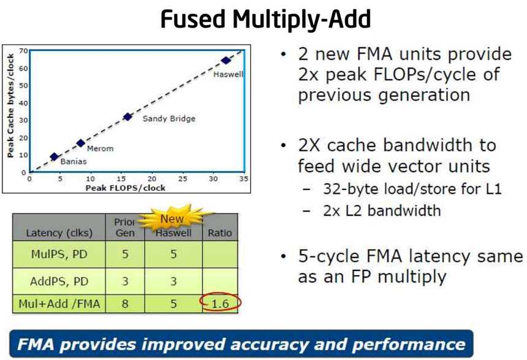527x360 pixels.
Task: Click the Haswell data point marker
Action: [226, 61]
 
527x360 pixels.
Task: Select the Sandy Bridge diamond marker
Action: [127, 117]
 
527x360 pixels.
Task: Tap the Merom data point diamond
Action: [81, 143]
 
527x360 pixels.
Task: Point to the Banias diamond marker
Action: [54, 156]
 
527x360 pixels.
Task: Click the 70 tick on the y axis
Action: [23, 51]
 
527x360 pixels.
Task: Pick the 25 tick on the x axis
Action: [183, 178]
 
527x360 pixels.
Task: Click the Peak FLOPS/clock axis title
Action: [126, 188]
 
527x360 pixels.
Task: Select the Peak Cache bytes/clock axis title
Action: [10, 105]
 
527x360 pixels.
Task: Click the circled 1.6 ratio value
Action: [220, 304]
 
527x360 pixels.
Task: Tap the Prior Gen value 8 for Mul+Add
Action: [125, 304]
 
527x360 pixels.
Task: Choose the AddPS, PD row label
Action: [59, 281]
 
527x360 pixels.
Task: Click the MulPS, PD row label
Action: [59, 254]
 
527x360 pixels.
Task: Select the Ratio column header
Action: [220, 232]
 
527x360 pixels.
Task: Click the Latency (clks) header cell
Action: [59, 233]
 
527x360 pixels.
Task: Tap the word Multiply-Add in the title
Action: [301, 20]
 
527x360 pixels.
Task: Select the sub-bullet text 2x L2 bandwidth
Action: [382, 210]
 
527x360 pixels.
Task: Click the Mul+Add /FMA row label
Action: [59, 304]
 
